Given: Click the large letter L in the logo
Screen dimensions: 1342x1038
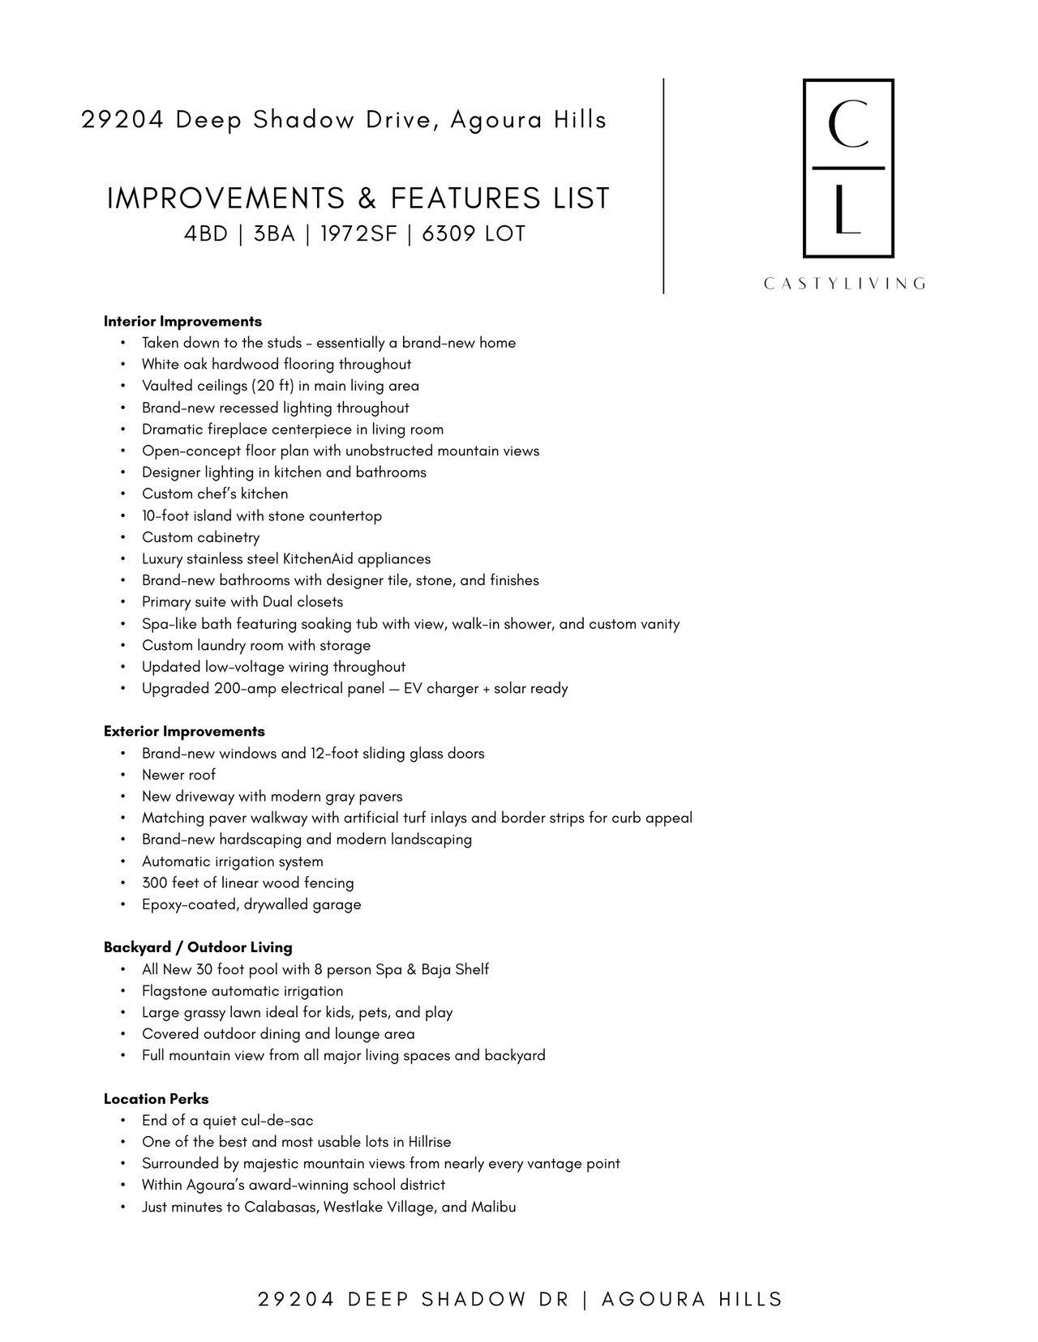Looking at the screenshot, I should (847, 210).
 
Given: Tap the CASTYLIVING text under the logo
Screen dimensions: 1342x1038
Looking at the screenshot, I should (844, 284).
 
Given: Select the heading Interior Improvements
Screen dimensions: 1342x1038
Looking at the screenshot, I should (182, 321).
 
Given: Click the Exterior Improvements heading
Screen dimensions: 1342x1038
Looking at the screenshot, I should (184, 731).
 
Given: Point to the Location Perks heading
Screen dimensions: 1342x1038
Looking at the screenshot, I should (156, 1099).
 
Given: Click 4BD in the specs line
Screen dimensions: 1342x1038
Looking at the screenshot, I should (206, 234).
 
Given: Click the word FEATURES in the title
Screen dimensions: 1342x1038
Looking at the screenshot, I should (461, 199).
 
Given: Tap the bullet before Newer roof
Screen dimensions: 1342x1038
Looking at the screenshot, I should (122, 776).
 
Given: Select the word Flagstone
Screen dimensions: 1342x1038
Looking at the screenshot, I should (174, 990).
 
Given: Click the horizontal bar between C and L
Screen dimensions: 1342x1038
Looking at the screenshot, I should (847, 168).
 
